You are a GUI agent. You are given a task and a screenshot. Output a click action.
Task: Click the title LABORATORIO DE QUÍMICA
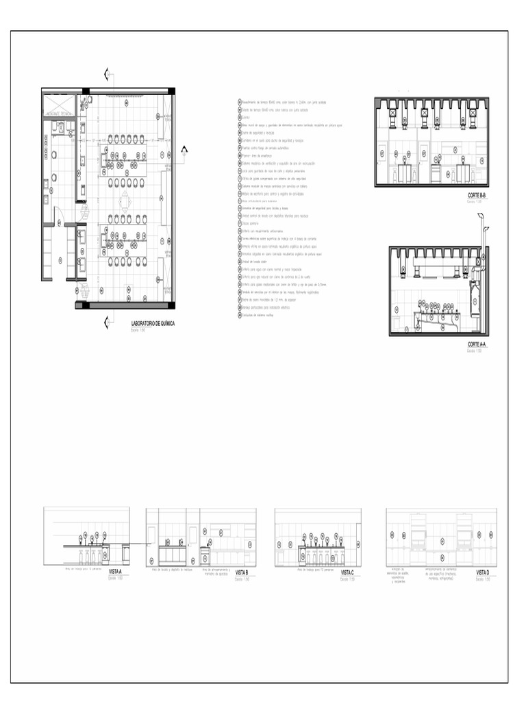point(152,323)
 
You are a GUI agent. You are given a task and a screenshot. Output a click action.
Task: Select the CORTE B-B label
point(477,195)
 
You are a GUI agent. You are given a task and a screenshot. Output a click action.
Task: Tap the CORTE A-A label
point(477,344)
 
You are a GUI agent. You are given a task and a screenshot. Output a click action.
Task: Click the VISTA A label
point(115,572)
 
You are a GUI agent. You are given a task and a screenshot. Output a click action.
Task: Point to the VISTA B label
point(241,572)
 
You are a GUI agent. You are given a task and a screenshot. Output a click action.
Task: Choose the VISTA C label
point(347,572)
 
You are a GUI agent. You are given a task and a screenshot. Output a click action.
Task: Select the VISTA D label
point(483,572)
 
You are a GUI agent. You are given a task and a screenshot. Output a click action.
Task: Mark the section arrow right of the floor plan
point(184,151)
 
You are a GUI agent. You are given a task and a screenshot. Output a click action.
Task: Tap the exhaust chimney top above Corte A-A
point(481,218)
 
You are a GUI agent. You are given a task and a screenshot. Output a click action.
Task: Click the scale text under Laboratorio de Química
point(138,330)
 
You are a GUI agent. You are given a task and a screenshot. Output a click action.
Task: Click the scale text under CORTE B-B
point(474,202)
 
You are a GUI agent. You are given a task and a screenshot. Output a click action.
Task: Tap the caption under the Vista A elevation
point(83,568)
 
